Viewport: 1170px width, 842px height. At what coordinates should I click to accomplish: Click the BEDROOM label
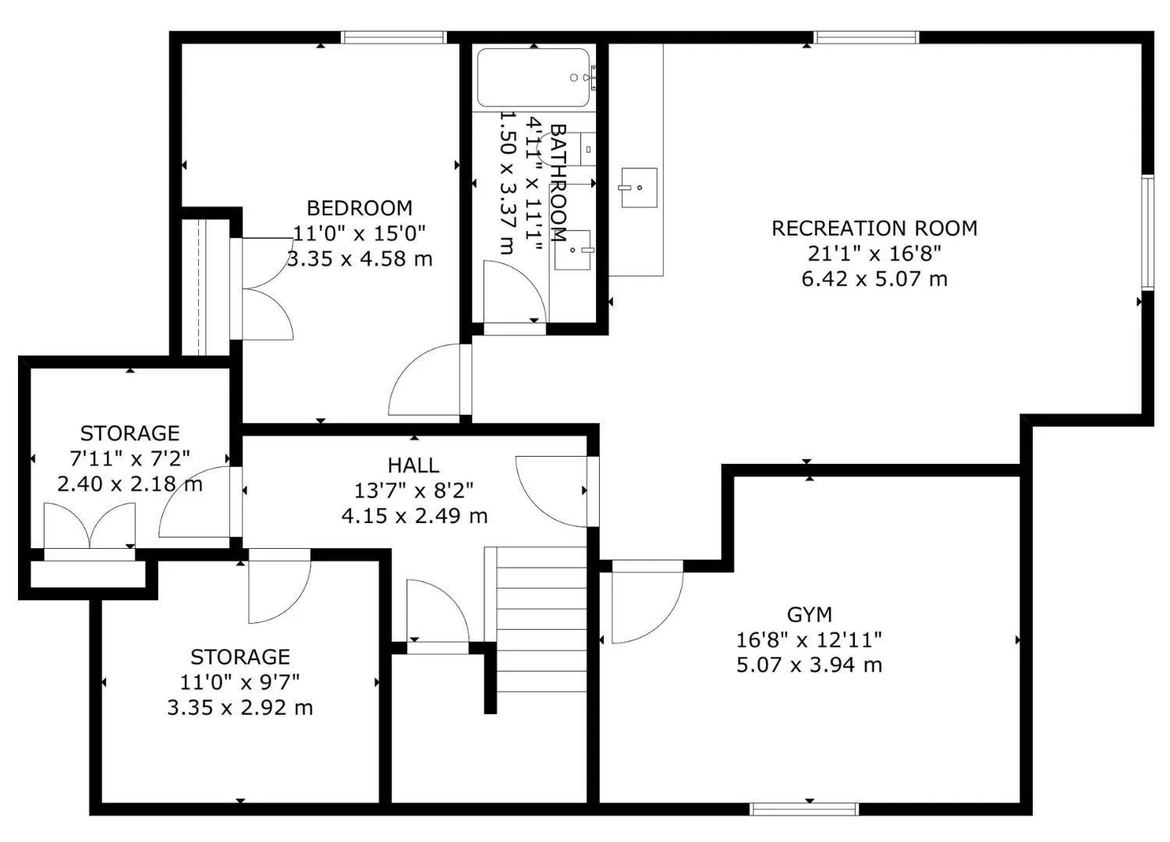pyautogui.click(x=360, y=208)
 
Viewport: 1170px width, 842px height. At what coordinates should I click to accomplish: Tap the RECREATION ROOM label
pyautogui.click(x=874, y=228)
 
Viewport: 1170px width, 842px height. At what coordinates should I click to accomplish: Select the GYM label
pyautogui.click(x=810, y=615)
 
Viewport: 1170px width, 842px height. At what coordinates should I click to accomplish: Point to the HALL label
pyautogui.click(x=413, y=465)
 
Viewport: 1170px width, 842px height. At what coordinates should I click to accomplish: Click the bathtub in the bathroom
pyautogui.click(x=534, y=77)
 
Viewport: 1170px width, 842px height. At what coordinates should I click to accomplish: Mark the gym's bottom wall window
pyautogui.click(x=804, y=809)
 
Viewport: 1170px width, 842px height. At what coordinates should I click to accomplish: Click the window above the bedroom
pyautogui.click(x=395, y=37)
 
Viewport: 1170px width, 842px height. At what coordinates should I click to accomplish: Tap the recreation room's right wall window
pyautogui.click(x=1147, y=233)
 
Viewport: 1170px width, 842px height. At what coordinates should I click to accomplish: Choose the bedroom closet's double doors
pyautogui.click(x=267, y=288)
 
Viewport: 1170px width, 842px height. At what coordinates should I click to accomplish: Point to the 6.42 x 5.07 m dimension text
pyautogui.click(x=874, y=279)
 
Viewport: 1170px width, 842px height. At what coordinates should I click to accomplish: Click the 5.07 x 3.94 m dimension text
pyautogui.click(x=810, y=665)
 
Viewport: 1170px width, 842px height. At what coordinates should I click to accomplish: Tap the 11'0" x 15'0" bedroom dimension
pyautogui.click(x=360, y=233)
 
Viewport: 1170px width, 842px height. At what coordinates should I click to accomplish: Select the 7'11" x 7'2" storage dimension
pyautogui.click(x=129, y=459)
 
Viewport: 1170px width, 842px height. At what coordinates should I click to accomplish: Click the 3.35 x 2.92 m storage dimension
pyautogui.click(x=240, y=708)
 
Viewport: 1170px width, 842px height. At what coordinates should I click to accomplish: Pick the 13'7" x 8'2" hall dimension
pyautogui.click(x=413, y=490)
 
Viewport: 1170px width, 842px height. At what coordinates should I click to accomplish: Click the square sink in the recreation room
pyautogui.click(x=639, y=187)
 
